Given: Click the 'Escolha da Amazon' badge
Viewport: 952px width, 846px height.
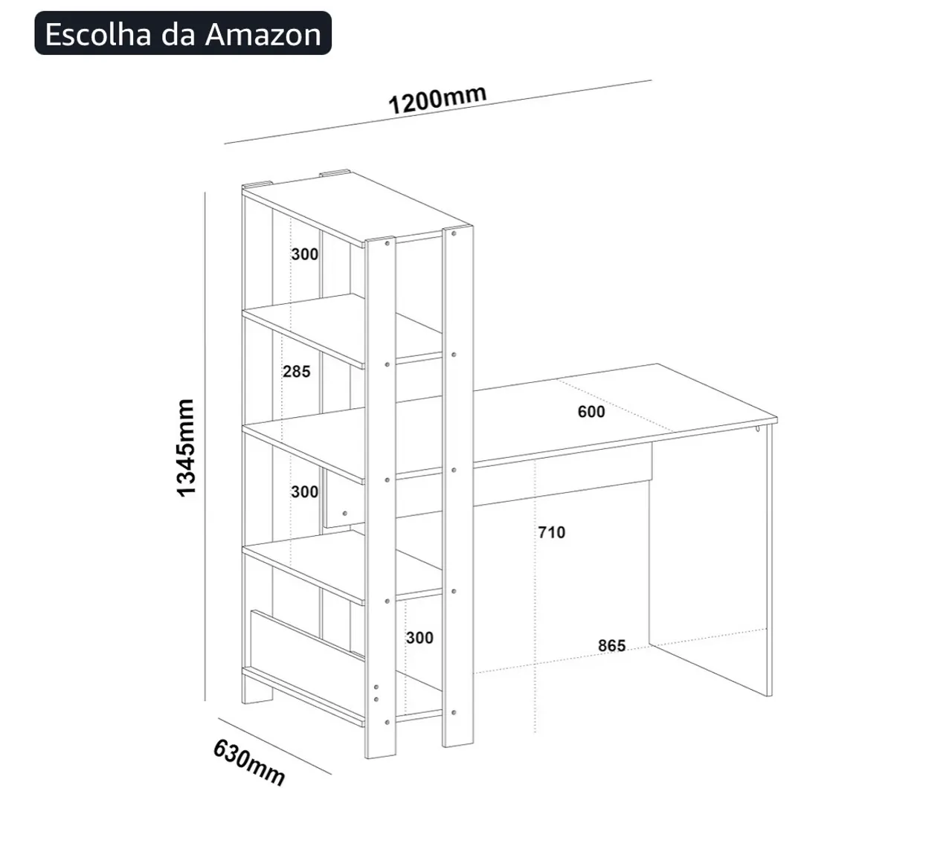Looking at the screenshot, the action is tap(183, 33).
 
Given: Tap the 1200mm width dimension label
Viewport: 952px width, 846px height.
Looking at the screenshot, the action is tap(437, 99).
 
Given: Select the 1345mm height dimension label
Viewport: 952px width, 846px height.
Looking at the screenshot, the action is tap(186, 448).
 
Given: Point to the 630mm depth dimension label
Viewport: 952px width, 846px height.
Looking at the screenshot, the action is tap(249, 763).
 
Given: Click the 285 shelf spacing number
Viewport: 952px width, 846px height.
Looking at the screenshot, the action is tap(297, 372).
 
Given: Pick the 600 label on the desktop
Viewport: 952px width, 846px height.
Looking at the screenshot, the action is tap(591, 412).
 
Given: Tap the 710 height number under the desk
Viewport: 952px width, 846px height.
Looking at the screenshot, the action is tap(552, 532).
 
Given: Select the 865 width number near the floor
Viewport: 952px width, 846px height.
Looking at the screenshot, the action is tap(612, 645).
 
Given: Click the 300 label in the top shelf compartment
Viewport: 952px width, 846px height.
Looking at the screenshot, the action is tap(304, 254).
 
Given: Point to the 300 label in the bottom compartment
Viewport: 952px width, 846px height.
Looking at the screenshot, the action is tap(419, 637).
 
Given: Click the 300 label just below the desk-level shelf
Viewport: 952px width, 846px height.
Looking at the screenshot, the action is tap(304, 492).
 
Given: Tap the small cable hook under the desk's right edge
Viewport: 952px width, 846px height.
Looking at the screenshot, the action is tap(757, 428).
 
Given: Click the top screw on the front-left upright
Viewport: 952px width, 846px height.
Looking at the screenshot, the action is tap(387, 243).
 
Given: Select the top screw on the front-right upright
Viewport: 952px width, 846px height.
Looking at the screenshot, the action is tap(454, 233).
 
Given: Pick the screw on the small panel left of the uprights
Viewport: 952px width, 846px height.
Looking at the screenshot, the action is tap(345, 514).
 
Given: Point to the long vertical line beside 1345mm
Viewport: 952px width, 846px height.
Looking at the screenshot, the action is tap(205, 446).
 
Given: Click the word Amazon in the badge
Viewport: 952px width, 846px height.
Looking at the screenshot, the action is tap(263, 34).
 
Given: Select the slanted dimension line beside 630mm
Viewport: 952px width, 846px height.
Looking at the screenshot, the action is tap(275, 745).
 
